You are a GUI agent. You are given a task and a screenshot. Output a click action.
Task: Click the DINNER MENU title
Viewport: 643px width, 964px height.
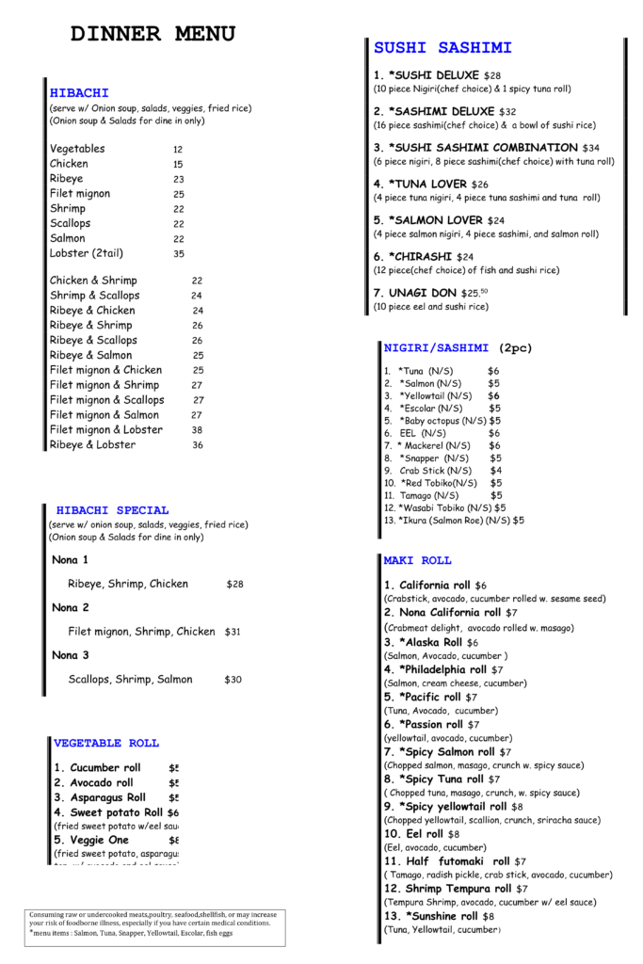(x=153, y=35)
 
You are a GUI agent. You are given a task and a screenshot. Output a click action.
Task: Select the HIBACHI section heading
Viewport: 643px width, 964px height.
(x=79, y=93)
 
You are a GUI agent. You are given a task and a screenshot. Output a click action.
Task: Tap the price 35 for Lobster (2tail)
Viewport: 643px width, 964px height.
(x=179, y=254)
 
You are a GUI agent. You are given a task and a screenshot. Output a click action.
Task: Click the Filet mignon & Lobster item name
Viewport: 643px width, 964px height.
(x=106, y=430)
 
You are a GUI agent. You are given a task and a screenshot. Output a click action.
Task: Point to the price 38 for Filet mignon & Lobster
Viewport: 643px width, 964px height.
(x=197, y=430)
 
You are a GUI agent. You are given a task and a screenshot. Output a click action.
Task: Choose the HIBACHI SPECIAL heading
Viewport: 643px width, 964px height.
(x=113, y=510)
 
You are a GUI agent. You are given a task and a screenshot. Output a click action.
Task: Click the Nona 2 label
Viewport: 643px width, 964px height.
(x=71, y=608)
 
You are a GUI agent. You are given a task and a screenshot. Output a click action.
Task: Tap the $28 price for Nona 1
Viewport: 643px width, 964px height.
(x=234, y=585)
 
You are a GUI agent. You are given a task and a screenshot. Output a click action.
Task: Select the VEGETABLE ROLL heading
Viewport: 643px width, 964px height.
(x=106, y=743)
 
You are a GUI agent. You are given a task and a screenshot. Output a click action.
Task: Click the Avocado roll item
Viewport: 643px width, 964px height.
(x=93, y=783)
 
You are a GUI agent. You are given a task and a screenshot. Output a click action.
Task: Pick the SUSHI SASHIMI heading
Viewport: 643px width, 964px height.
(x=442, y=48)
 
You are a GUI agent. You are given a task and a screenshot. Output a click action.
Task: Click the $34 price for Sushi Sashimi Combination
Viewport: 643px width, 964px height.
(x=590, y=149)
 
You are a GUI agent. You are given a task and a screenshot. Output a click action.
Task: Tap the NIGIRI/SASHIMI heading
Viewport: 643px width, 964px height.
(x=437, y=348)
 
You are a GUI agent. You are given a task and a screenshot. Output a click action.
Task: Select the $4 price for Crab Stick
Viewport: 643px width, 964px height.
(x=496, y=471)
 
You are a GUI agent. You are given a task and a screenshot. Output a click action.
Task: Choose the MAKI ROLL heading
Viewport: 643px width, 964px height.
(x=417, y=561)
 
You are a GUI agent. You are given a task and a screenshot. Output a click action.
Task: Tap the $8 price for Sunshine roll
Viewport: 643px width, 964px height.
(x=488, y=916)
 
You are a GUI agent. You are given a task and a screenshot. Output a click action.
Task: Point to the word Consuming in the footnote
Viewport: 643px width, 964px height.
(x=48, y=914)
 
